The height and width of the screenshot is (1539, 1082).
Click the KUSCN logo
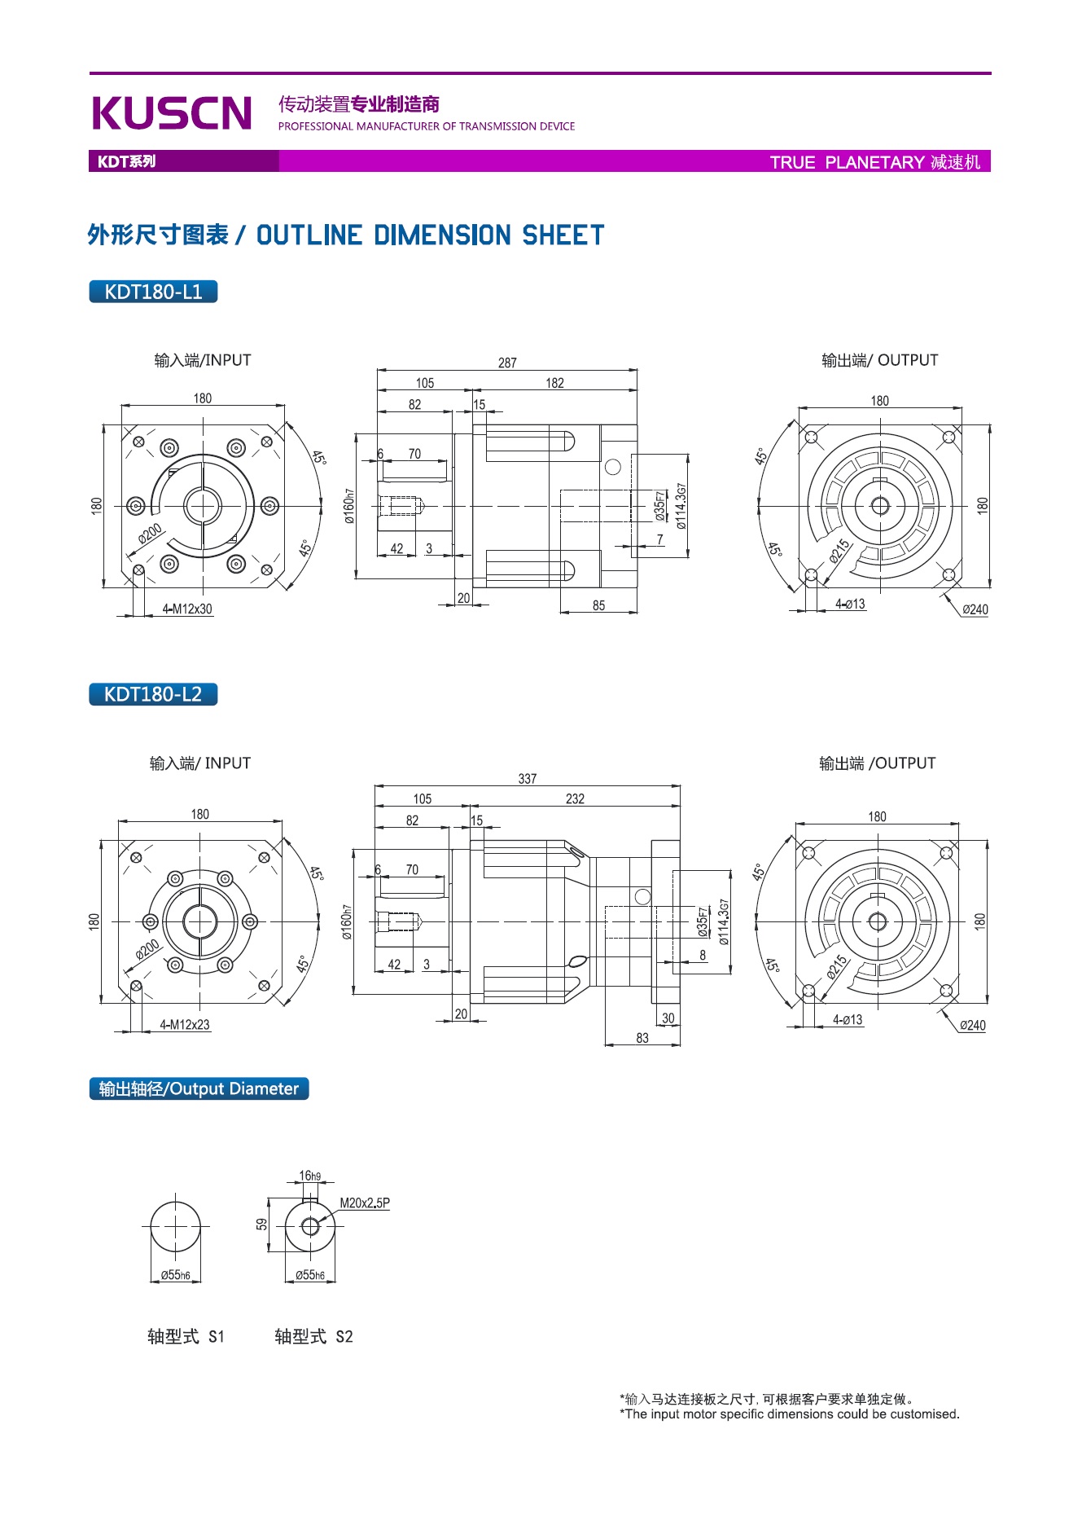(x=172, y=112)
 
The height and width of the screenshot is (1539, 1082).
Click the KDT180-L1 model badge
(x=153, y=292)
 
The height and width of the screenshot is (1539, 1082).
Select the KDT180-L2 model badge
(x=153, y=694)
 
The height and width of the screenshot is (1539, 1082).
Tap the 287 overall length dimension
(x=507, y=363)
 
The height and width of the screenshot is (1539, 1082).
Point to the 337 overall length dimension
(x=528, y=779)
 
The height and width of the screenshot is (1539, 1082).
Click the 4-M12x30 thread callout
(x=187, y=609)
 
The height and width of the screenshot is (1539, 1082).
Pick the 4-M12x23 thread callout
(x=185, y=1025)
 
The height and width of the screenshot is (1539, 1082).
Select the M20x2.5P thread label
(x=364, y=1203)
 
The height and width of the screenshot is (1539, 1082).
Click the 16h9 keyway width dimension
(x=309, y=1176)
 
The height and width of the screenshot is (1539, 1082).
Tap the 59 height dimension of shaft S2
(x=262, y=1224)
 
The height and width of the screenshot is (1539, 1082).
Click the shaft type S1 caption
(x=186, y=1336)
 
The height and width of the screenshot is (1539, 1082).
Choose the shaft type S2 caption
(x=313, y=1336)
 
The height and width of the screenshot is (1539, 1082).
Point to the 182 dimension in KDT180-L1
(x=554, y=383)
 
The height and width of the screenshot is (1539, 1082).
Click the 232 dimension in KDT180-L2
(x=575, y=799)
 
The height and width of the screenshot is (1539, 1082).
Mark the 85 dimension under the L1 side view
(x=598, y=605)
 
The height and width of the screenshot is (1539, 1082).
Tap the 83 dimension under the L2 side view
(x=642, y=1038)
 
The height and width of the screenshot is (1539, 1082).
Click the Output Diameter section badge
(x=199, y=1088)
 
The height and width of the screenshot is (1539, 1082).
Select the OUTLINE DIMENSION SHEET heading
(x=430, y=235)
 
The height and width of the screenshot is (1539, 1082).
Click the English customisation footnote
(x=790, y=1414)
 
